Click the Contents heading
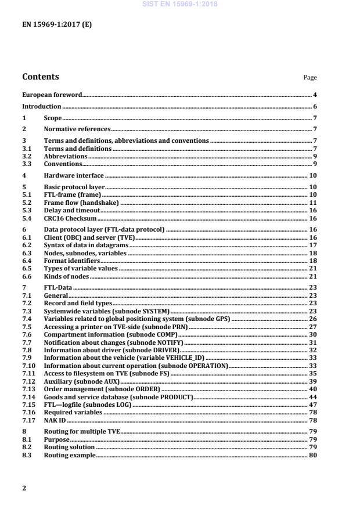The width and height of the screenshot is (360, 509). [40, 77]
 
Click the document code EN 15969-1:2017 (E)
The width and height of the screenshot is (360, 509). [56, 24]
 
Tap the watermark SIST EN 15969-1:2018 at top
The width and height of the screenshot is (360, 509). [179, 3]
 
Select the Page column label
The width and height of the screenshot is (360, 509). [310, 78]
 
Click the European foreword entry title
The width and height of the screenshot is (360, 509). [52, 94]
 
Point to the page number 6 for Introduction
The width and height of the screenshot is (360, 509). [314, 106]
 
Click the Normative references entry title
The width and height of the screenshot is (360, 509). [77, 129]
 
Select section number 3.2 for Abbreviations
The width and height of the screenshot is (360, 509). [27, 156]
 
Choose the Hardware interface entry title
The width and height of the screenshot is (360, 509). [74, 175]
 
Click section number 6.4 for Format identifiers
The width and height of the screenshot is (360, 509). [27, 261]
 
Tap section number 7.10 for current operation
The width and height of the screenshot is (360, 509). [28, 366]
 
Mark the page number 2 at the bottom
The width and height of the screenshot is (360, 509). [24, 488]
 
